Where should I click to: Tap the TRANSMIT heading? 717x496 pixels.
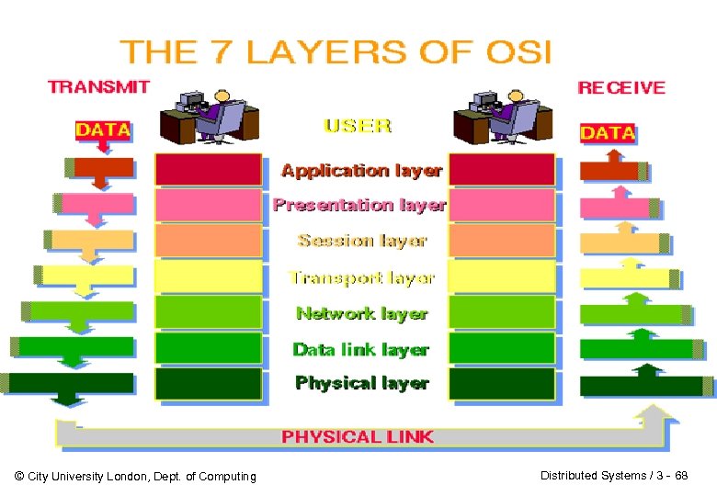[99, 87]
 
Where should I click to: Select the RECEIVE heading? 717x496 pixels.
[620, 87]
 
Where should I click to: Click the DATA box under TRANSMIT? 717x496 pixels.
[103, 130]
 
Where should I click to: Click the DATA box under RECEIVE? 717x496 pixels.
[608, 132]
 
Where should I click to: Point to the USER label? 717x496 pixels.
[358, 126]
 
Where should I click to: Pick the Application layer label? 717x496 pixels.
[361, 170]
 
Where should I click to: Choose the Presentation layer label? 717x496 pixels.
[359, 205]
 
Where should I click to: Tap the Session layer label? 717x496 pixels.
[362, 241]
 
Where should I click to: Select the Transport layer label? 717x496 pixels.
[361, 277]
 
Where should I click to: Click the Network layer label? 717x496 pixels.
[362, 313]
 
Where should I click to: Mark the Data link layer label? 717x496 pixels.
[360, 349]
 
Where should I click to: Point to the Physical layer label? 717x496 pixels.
[361, 383]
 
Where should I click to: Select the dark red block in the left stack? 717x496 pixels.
[208, 170]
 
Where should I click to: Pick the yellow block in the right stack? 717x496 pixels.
[503, 277]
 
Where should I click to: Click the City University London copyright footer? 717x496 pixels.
[136, 476]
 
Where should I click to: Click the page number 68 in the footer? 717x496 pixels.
[681, 475]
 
